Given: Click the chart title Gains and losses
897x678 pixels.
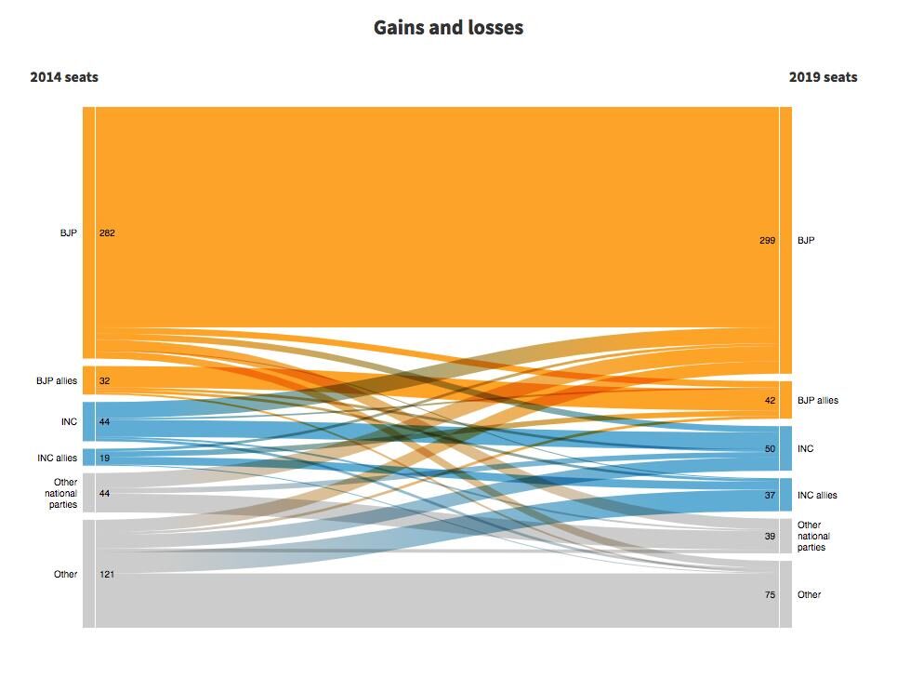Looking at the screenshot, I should pos(448,28).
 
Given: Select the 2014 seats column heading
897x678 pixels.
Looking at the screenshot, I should pos(64,77).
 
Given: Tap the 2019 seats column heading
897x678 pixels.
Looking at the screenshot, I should pos(823,77).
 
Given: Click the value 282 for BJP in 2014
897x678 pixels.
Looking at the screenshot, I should pos(107,233).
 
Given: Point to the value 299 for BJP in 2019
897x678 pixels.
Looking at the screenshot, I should pos(767,241).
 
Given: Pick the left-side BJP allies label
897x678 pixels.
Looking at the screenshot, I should pos(57,380).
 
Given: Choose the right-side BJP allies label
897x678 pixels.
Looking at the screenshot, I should pos(817,401).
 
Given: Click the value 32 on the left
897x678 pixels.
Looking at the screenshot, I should pos(105,380).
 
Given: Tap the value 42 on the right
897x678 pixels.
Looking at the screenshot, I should pos(770,401).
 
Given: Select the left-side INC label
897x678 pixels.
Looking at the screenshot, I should pos(69,422).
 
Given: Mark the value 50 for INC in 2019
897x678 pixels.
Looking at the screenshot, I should pos(770,449).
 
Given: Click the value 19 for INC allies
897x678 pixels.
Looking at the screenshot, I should pos(105,458).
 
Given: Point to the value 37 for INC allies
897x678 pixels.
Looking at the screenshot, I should pos(770,496).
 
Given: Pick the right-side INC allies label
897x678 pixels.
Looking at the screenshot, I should pos(817,496).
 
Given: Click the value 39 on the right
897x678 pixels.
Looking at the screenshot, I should pos(770,537).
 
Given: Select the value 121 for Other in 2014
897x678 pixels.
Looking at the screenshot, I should pos(107,575).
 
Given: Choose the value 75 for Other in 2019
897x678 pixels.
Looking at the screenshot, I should pos(770,595).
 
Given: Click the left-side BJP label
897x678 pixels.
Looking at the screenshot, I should pos(69,233).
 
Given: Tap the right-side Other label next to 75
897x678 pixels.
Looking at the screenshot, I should pos(809,595).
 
